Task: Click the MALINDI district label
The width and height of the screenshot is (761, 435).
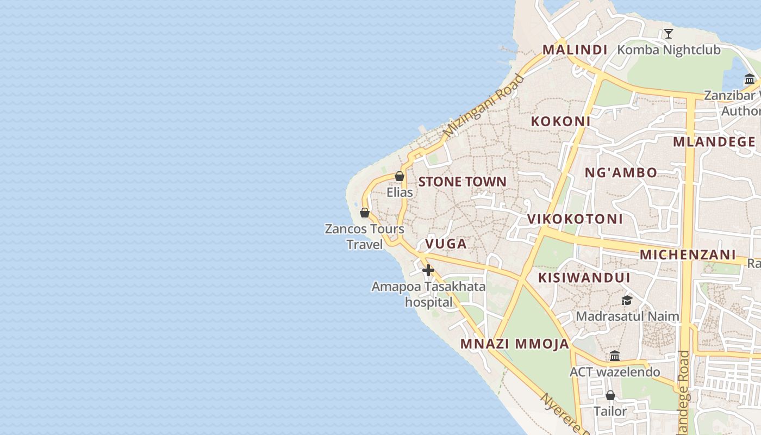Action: [575, 49]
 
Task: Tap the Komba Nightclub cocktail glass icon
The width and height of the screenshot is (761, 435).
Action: [669, 34]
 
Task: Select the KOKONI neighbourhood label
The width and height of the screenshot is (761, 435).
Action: [560, 121]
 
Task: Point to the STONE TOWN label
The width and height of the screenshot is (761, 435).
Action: [462, 182]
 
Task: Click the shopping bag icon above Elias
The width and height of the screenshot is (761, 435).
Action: [400, 176]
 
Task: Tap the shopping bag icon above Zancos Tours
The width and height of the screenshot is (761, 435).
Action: [365, 212]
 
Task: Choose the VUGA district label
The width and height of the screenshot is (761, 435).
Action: [446, 244]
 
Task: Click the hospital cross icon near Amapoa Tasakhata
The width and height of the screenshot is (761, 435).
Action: [428, 270]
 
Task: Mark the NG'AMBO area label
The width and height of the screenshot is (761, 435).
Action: [621, 173]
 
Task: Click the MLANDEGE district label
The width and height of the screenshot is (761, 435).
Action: [714, 142]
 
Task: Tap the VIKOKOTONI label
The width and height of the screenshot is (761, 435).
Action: [575, 219]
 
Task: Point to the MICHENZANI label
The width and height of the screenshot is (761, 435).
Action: [687, 254]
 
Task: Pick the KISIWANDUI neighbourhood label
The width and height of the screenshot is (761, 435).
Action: [584, 278]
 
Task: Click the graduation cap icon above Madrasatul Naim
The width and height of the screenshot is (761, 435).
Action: [627, 300]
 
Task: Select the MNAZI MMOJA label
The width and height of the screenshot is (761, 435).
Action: [514, 344]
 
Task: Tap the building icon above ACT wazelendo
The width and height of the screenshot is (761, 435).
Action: [615, 356]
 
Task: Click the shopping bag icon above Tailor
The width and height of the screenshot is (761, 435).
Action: [610, 395]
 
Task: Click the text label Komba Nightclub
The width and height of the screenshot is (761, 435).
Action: [669, 50]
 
